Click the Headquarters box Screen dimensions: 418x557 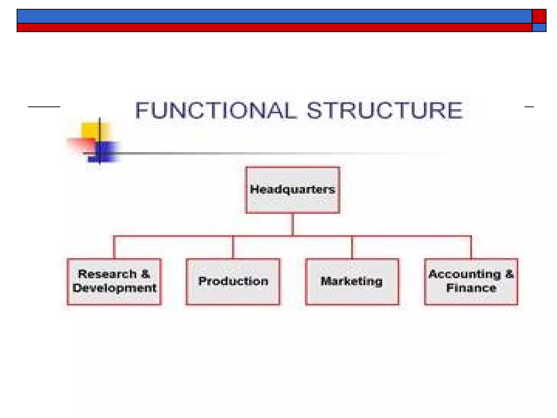(293, 190)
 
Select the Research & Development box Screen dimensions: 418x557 (114, 281)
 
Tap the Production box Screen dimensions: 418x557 (233, 281)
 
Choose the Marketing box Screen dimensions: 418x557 (352, 281)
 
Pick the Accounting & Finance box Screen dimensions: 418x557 (471, 281)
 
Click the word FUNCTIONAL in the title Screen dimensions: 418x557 (215, 110)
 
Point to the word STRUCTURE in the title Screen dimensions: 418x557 (385, 110)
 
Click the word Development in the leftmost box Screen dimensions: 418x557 (114, 288)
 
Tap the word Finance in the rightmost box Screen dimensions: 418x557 (471, 288)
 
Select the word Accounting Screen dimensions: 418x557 (465, 274)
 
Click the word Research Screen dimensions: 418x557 (107, 274)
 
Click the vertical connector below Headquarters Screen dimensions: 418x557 (293, 224)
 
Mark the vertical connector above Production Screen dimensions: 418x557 (233, 247)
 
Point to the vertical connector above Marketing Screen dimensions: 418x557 (352, 247)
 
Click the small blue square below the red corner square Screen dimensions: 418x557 (539, 28)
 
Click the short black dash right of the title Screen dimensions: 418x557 (529, 107)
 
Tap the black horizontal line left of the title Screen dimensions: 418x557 (44, 107)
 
